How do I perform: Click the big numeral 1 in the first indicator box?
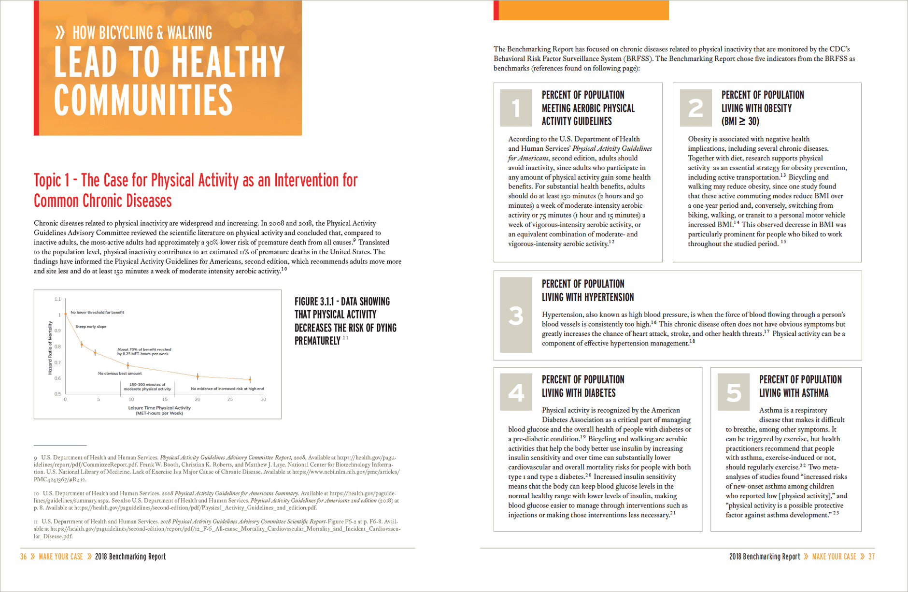pos(516,108)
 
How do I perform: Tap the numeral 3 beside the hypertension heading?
pos(516,316)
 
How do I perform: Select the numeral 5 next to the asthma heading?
pos(733,392)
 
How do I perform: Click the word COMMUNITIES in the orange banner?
pos(143,101)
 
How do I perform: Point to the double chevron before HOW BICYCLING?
pos(60,33)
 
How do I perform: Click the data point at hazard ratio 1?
pos(66,314)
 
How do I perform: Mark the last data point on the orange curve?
pos(250,379)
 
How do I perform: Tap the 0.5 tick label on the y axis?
pos(58,394)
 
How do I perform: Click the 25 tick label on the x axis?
pos(230,400)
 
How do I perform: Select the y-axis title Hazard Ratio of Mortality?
pos(50,348)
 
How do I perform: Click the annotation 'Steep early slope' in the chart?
pos(91,327)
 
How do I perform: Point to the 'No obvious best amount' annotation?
pos(120,374)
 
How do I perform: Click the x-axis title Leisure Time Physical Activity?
pos(159,408)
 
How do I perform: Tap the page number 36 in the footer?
pos(24,557)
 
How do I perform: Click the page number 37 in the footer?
pos(871,557)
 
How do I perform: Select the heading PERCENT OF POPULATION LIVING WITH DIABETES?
pos(583,386)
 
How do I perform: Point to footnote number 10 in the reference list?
pos(36,493)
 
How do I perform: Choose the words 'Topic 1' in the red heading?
pos(48,181)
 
